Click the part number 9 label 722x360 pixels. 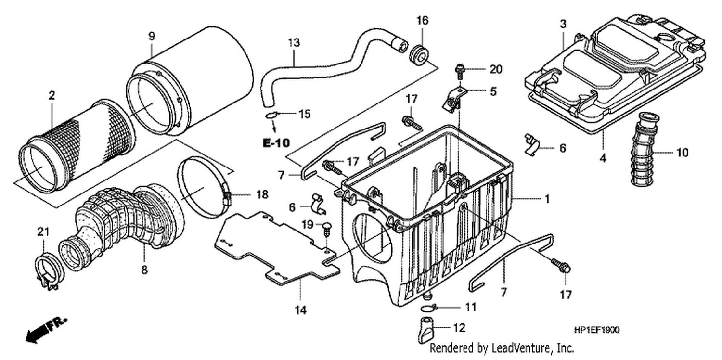tap(152, 36)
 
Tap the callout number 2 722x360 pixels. tap(52, 95)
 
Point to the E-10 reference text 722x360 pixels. tap(276, 143)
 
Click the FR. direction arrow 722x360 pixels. tap(47, 330)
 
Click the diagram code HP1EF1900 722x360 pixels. tap(597, 330)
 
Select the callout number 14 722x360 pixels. tap(300, 310)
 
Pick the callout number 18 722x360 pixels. tap(262, 194)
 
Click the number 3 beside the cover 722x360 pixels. tap(563, 24)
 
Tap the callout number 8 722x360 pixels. tap(144, 269)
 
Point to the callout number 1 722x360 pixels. tap(547, 199)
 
